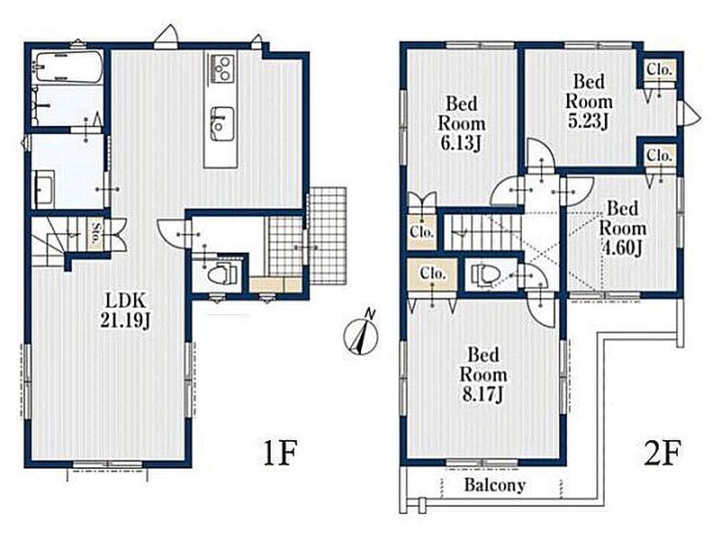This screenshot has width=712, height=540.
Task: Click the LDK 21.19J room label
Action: [x=124, y=310]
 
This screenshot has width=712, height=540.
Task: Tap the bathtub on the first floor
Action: [x=68, y=67]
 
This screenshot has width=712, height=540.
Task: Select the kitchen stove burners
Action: [x=222, y=68]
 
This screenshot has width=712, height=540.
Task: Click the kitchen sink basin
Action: [x=222, y=124]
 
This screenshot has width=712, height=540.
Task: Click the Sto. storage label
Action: [x=96, y=233]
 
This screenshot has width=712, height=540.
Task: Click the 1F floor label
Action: [x=280, y=453]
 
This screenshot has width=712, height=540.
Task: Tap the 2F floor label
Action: [x=662, y=453]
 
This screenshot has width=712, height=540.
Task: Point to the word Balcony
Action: [x=494, y=485]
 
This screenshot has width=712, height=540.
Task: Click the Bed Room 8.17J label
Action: [x=483, y=374]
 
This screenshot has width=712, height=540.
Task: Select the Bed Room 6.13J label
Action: [x=461, y=123]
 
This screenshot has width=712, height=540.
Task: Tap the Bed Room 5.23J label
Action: [x=589, y=102]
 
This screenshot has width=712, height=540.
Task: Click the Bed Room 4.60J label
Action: [x=623, y=229]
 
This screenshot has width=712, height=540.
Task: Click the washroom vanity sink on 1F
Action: [x=44, y=188]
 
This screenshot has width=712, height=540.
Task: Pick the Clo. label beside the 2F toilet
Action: [x=433, y=274]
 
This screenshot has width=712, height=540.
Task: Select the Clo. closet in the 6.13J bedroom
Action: [x=422, y=231]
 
